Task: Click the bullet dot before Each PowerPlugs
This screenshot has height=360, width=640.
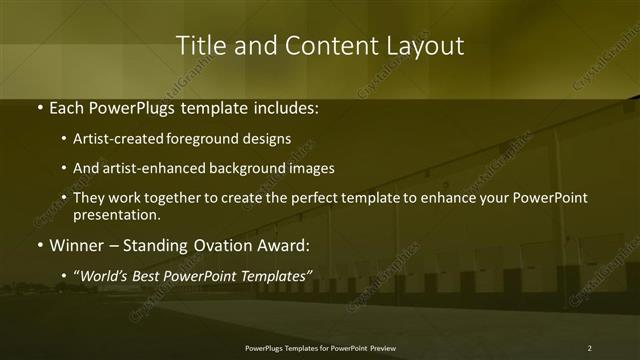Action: click(x=38, y=107)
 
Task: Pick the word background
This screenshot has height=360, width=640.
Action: click(x=247, y=168)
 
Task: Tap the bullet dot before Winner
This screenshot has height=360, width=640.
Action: click(x=38, y=245)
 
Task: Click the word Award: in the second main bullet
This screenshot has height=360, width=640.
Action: click(x=283, y=245)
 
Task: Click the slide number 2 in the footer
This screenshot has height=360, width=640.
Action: click(x=590, y=347)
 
